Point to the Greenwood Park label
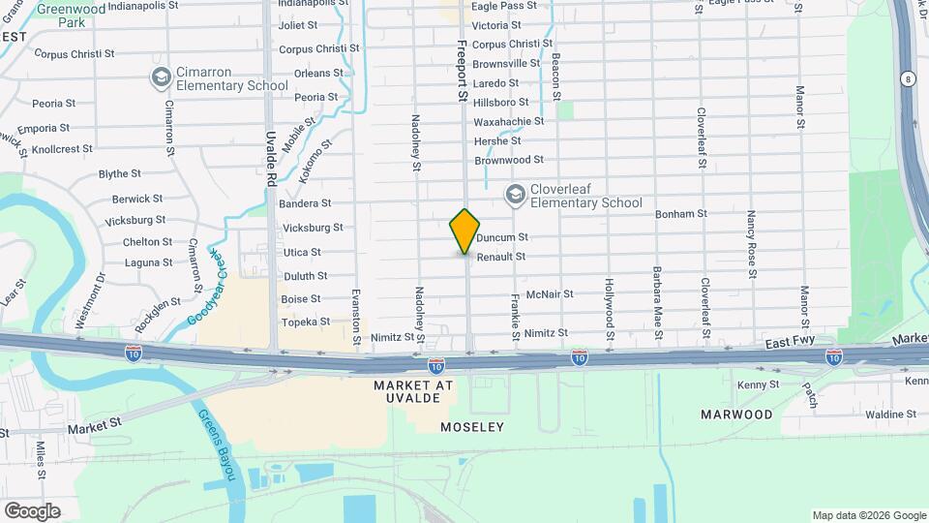click(71, 14)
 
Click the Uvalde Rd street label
click(272, 160)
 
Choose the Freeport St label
click(463, 72)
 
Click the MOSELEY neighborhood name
click(472, 427)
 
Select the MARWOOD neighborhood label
click(737, 415)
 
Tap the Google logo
click(32, 510)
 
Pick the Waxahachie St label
click(509, 121)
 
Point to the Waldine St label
click(864, 414)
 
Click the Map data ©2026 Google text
click(867, 515)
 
